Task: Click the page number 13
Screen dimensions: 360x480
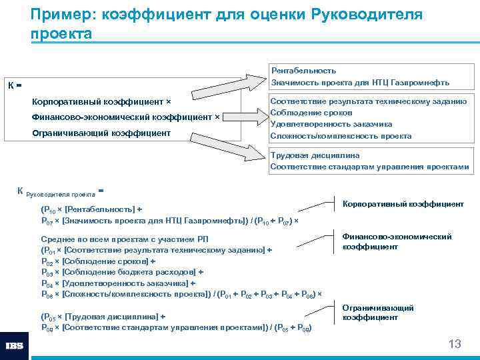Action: click(455, 344)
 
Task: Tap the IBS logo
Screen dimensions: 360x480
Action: click(14, 346)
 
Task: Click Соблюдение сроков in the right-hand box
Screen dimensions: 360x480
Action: click(307, 112)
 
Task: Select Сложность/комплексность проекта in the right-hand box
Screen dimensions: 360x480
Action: click(340, 136)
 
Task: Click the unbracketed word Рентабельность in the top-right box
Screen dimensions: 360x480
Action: click(303, 70)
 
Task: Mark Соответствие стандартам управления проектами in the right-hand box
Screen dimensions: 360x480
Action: click(369, 167)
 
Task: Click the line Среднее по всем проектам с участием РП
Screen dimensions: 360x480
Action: click(117, 239)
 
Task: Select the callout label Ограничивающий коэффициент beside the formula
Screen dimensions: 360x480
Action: click(378, 313)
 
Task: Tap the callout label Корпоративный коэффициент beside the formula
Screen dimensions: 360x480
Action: click(403, 203)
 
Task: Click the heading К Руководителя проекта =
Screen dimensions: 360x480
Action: click(60, 192)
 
